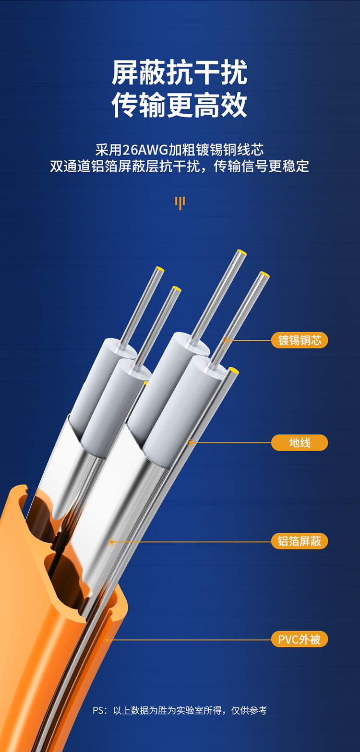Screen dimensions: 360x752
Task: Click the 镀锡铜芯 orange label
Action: tap(300, 340)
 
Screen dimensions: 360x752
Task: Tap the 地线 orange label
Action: tap(300, 442)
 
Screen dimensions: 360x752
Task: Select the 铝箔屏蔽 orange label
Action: tap(300, 541)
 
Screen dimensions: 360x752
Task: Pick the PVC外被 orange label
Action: tap(300, 639)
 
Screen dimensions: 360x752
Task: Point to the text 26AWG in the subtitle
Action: tap(145, 150)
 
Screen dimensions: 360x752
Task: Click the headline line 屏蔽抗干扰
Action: tap(180, 72)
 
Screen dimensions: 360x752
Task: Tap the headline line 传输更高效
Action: tap(180, 105)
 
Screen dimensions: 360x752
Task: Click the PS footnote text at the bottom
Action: tap(180, 710)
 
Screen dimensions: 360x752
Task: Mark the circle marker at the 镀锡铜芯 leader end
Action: tap(227, 340)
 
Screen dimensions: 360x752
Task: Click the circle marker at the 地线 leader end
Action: tap(191, 442)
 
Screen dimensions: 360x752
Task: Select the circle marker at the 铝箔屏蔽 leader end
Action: tap(112, 541)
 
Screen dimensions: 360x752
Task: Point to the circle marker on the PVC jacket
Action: tap(107, 640)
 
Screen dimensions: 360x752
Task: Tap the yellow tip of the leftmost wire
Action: tap(160, 269)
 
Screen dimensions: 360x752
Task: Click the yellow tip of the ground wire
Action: tap(233, 370)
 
